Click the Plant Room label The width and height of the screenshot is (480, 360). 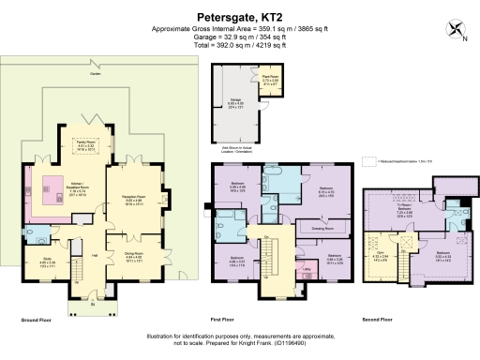point(270,80)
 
